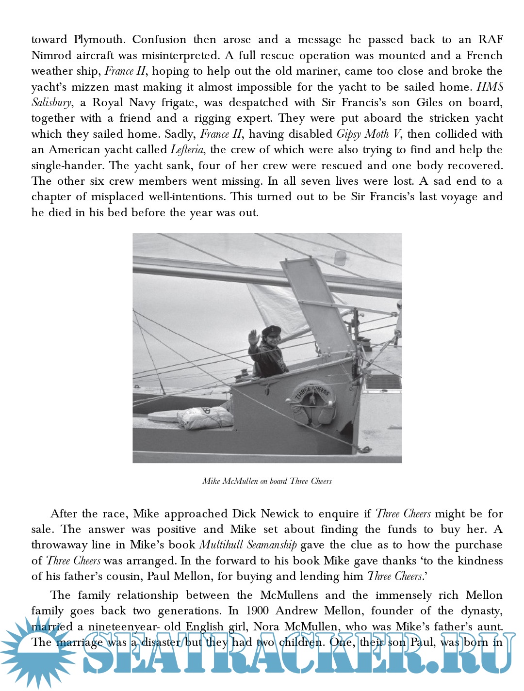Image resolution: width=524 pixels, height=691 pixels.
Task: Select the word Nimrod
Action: click(x=51, y=55)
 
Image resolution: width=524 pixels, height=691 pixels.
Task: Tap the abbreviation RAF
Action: click(x=490, y=40)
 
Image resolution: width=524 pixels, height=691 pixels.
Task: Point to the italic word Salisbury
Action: click(x=51, y=103)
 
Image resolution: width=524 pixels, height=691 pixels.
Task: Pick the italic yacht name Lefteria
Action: click(x=187, y=150)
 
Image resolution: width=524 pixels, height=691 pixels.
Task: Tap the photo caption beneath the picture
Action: click(x=267, y=482)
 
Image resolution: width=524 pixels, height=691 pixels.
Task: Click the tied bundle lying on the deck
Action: click(x=205, y=418)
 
